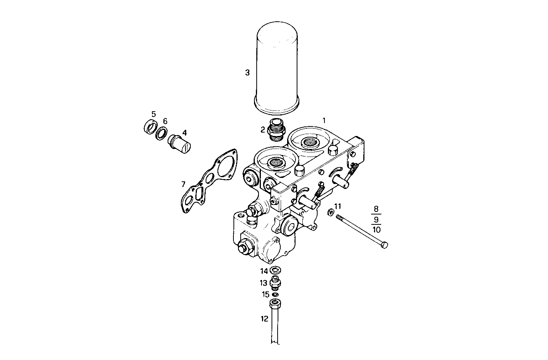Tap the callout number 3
pos(247,72)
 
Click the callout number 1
pos(324,120)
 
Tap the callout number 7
pos(183,184)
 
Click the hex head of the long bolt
pos(384,245)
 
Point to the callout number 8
pos(376,209)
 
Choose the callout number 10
pos(376,229)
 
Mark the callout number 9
pos(376,219)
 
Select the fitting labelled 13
pos(275,283)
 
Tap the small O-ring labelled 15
pos(275,294)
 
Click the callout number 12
pos(264,319)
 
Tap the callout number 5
pos(153,114)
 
